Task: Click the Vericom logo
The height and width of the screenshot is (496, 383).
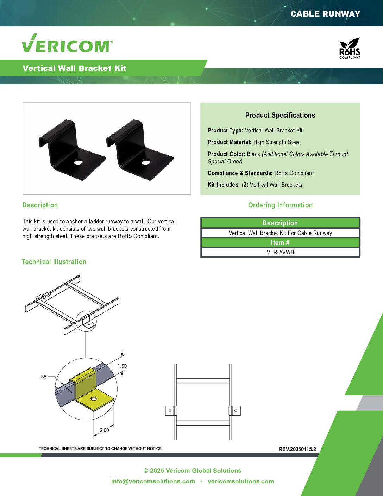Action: coord(67,43)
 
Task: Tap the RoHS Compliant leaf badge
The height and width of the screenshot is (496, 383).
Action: coord(350,48)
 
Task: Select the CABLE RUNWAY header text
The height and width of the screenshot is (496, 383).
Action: coord(325,14)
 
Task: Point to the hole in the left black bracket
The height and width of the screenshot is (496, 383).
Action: coord(79,162)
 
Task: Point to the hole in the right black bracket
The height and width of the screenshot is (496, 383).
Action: coord(145,162)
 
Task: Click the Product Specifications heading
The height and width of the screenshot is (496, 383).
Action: coord(280,115)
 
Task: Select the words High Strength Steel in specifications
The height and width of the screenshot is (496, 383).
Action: coord(277,142)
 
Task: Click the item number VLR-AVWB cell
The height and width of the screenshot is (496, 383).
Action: coord(280,252)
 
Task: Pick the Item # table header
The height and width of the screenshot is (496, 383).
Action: coord(280,242)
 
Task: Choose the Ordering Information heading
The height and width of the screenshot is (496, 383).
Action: coord(280,205)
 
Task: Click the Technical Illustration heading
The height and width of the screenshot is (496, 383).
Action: coord(54,262)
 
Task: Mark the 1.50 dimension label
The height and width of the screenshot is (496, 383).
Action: coord(122,366)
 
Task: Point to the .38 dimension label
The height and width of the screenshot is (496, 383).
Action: coord(43,377)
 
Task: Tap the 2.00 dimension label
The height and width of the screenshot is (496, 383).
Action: coord(104,430)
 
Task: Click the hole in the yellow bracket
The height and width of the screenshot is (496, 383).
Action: coord(94,399)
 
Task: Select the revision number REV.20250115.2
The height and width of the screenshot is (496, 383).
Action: coord(297,449)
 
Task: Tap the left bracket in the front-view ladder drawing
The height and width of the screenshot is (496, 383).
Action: coord(171,411)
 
